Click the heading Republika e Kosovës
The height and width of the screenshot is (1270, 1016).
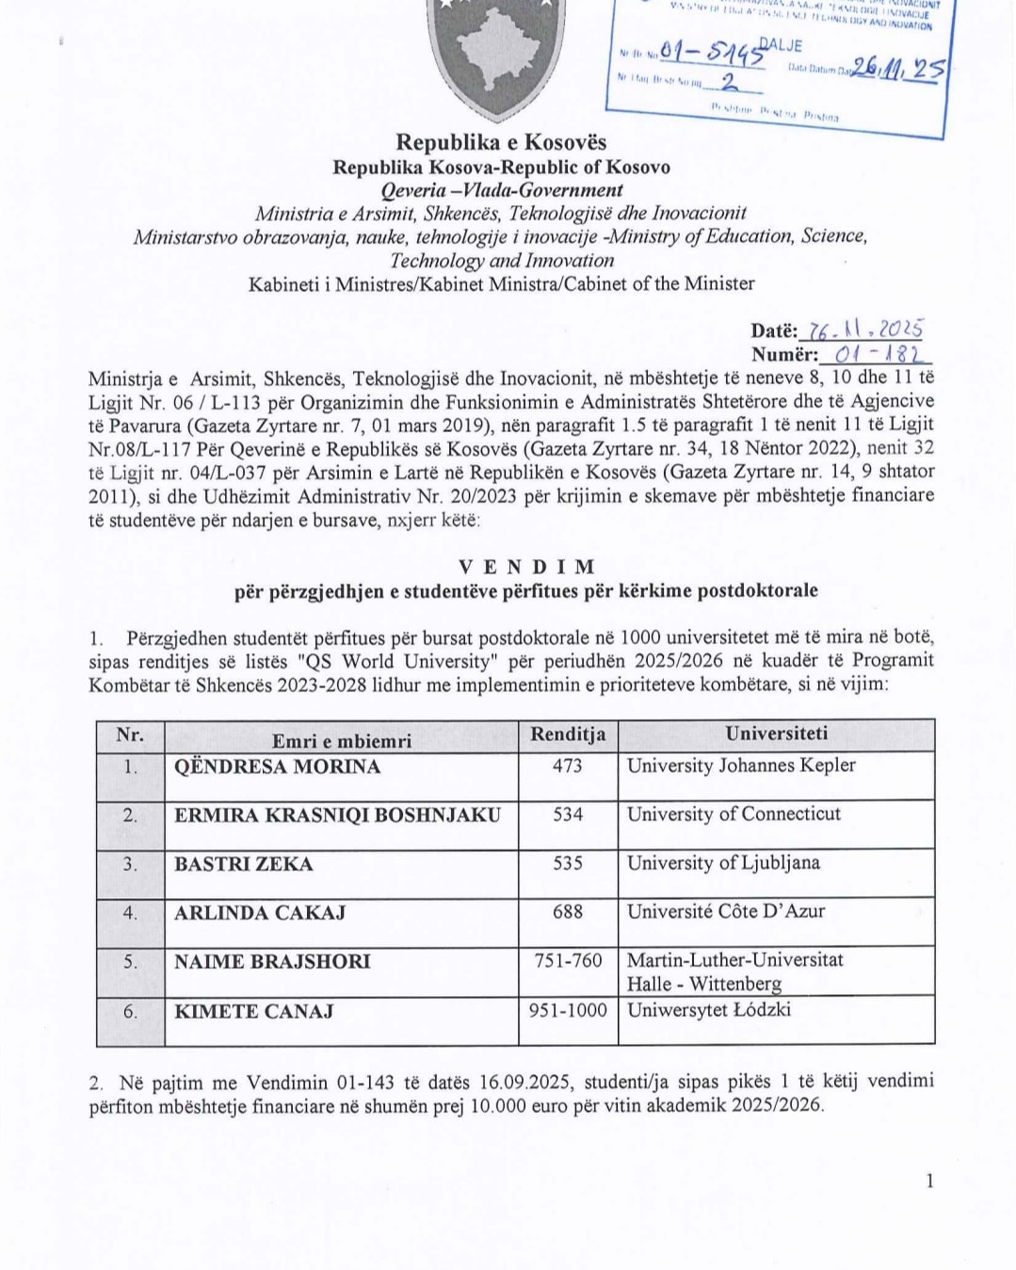coord(501,143)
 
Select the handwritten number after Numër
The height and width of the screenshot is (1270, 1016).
coord(876,355)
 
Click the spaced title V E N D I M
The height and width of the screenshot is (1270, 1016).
coord(526,567)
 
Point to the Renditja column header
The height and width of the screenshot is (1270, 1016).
coord(568,734)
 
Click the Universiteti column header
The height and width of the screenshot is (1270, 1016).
coord(776,733)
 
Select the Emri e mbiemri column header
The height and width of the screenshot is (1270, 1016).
coord(342,741)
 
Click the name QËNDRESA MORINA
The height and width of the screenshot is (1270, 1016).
coord(278,766)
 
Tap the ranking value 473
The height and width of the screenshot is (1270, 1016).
coord(568,765)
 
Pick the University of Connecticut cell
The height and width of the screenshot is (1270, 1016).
coord(734,813)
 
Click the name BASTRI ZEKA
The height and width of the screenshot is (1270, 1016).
coord(244,863)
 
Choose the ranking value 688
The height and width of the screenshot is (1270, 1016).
coord(568,911)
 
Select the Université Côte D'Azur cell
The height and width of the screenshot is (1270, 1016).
coord(726,911)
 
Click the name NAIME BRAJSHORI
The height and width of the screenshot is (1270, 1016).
coord(272,961)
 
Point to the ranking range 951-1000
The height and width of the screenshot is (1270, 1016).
coord(568,1010)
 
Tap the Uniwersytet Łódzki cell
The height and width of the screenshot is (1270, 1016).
coord(709,1010)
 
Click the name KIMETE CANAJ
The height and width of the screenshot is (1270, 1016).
coord(254,1011)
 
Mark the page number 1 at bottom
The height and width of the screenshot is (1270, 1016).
coord(930,1181)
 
